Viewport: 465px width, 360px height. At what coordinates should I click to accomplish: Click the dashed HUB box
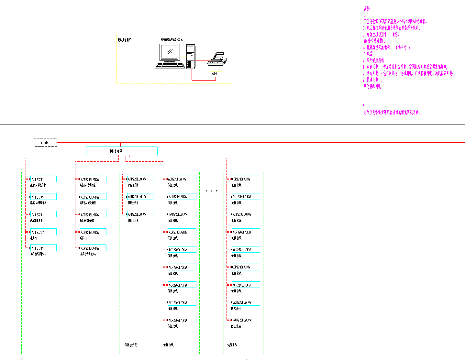pos(45,142)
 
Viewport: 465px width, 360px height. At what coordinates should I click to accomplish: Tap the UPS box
pos(216,74)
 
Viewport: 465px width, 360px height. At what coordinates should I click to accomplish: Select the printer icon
pos(217,59)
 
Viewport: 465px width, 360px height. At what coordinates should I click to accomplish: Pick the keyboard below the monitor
pos(170,66)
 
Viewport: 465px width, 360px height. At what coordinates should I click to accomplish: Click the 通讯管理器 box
pos(122,151)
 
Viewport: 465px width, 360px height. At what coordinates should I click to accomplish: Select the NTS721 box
pos(43,232)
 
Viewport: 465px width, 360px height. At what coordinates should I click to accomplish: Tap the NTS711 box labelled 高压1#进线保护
pos(43,179)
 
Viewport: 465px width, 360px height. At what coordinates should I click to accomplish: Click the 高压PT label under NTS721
pos(34,238)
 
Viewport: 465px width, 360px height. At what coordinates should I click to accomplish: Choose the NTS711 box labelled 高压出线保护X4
pos(43,248)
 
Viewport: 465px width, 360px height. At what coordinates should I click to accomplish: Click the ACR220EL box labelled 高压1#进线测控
pos(93,179)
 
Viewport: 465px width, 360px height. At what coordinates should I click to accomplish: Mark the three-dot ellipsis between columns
pos(212,191)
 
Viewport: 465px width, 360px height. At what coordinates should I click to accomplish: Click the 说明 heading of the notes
pos(366,8)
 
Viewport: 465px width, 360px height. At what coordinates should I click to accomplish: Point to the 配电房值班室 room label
pos(125,40)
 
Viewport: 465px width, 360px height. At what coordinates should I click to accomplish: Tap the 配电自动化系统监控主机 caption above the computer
pos(172,39)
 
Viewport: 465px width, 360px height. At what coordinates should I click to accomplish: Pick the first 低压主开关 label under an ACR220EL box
pos(133,185)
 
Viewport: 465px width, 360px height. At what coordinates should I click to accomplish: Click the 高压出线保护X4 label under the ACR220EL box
pos(88,254)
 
